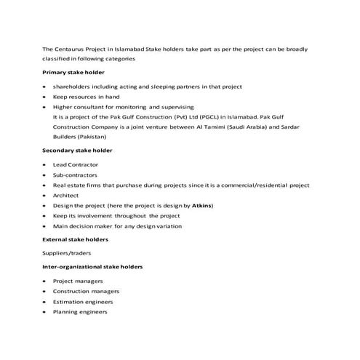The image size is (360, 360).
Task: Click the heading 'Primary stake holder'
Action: pyautogui.click(x=73, y=73)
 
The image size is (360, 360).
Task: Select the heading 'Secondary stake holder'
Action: pyautogui.click(x=77, y=151)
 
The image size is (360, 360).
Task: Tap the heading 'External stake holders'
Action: pyautogui.click(x=76, y=239)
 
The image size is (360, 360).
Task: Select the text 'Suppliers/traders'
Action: pyautogui.click(x=68, y=253)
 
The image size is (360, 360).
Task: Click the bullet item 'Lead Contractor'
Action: pyautogui.click(x=76, y=165)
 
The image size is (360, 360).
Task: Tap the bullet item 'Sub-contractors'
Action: pyautogui.click(x=76, y=175)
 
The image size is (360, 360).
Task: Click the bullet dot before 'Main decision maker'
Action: pyautogui.click(x=45, y=227)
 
